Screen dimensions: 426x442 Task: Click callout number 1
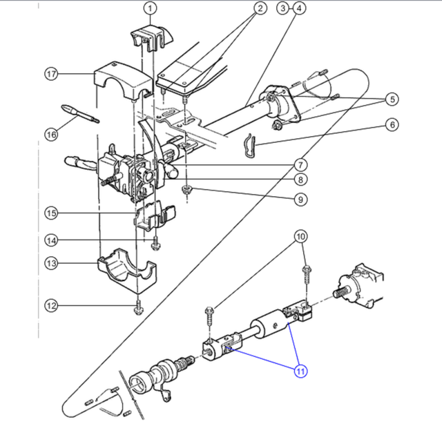(x=151, y=8)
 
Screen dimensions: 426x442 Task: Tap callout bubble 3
(x=282, y=8)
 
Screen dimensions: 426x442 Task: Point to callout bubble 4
(x=298, y=8)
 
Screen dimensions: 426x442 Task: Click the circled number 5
(x=392, y=99)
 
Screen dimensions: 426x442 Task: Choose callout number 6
(x=392, y=126)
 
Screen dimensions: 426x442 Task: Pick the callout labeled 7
(x=300, y=165)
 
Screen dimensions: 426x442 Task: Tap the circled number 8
(x=300, y=181)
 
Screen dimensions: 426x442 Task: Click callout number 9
(x=300, y=200)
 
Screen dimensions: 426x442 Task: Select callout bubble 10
(x=300, y=238)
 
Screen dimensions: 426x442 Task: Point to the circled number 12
(x=51, y=305)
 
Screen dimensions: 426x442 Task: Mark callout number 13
(x=51, y=262)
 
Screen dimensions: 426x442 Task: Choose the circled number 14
(x=51, y=240)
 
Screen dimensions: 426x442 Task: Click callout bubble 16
(x=51, y=134)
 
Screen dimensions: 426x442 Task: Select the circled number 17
(x=51, y=74)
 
